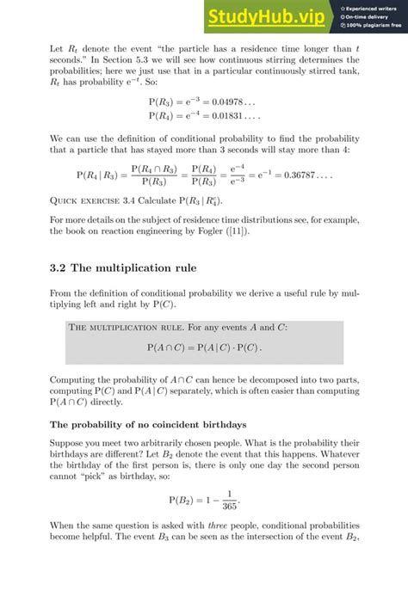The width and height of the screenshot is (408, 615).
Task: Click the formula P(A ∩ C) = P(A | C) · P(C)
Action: [204, 347]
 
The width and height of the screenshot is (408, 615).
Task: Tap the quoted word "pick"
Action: [96, 471]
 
